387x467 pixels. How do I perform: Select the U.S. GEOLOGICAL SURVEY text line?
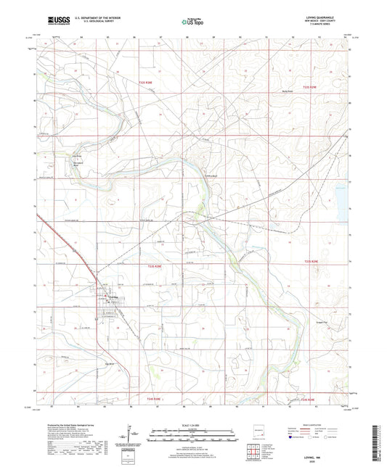(92, 24)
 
